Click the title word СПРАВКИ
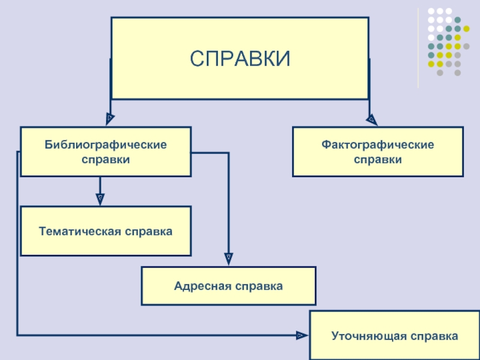(x=239, y=58)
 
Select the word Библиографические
(x=106, y=145)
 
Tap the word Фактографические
(x=377, y=145)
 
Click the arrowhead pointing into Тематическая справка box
(x=100, y=199)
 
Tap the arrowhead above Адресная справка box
(x=229, y=259)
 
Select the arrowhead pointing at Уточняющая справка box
(x=302, y=335)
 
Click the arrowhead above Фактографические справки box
(x=371, y=119)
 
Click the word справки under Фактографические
(x=378, y=160)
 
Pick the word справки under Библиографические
(x=106, y=160)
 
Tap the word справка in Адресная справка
(x=259, y=287)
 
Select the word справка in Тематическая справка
(x=149, y=232)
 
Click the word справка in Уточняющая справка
(x=434, y=337)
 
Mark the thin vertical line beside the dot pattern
(x=418, y=48)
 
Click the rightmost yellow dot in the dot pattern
(x=466, y=29)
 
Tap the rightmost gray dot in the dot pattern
(x=466, y=47)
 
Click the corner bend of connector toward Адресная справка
(x=229, y=153)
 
